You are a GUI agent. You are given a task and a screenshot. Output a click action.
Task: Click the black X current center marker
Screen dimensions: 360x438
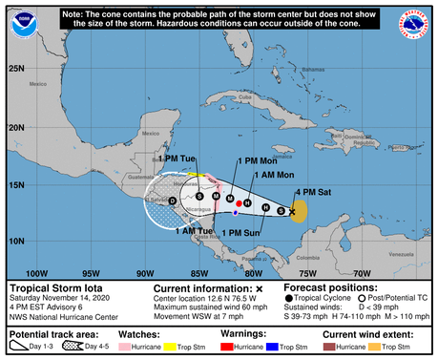pyautogui.click(x=291, y=212)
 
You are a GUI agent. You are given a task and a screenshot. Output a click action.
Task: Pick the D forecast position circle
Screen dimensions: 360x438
pyautogui.click(x=173, y=201)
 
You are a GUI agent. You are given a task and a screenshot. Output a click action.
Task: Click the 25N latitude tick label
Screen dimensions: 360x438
pyautogui.click(x=14, y=69)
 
